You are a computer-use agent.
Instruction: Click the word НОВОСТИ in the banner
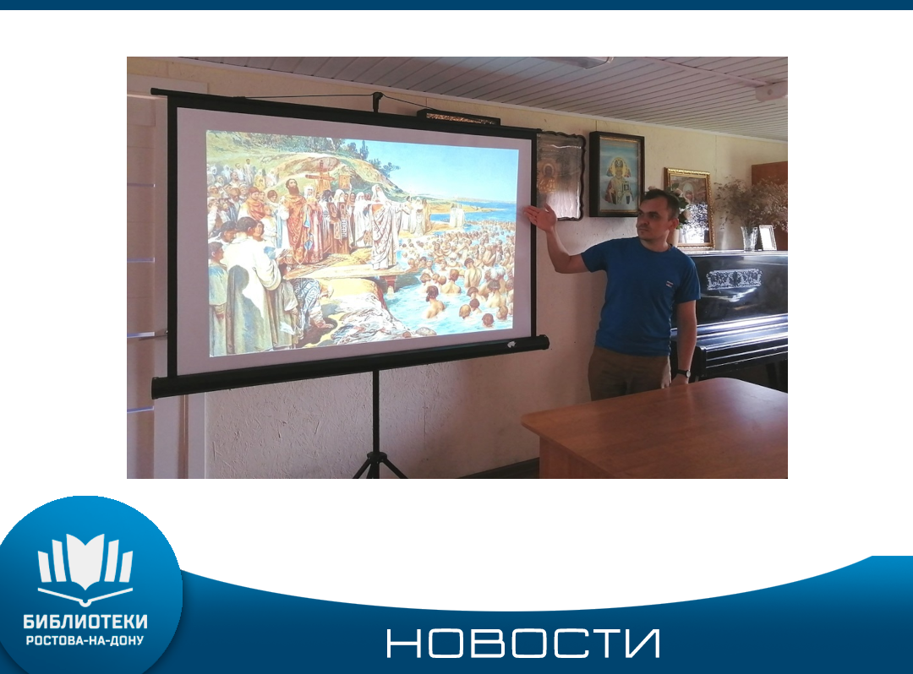click(523, 644)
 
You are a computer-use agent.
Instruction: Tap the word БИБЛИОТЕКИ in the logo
click(85, 622)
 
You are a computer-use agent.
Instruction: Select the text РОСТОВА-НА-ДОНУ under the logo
click(85, 641)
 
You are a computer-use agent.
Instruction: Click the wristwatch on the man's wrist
click(682, 372)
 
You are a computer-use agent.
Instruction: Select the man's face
click(652, 217)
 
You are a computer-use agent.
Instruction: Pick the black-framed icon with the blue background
click(616, 175)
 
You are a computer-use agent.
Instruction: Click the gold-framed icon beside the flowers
click(690, 207)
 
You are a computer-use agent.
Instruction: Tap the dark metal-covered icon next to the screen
click(560, 175)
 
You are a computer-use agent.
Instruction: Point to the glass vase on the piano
click(749, 238)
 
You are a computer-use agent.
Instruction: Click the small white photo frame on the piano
click(767, 237)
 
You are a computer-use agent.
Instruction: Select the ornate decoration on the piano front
click(734, 279)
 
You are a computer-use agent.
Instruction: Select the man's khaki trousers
click(627, 373)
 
